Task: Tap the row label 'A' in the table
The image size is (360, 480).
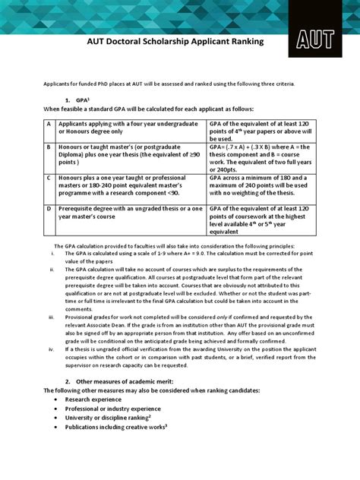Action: (x=49, y=123)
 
